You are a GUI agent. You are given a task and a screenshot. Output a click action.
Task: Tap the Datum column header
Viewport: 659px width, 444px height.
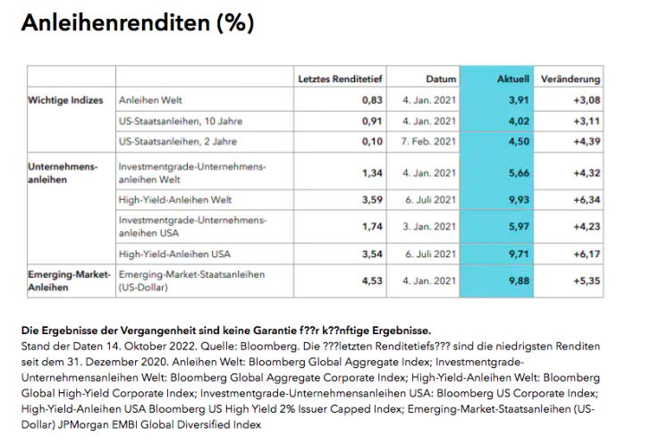click(x=441, y=80)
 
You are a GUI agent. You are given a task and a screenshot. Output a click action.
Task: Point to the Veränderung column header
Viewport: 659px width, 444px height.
click(x=571, y=80)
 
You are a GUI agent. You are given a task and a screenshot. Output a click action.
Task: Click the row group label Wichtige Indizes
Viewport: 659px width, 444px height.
click(x=66, y=100)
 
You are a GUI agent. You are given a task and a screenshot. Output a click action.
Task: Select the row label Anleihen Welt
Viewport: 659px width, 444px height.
click(x=150, y=100)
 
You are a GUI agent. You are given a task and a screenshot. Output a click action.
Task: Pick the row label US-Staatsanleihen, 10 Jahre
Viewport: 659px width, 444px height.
click(x=180, y=121)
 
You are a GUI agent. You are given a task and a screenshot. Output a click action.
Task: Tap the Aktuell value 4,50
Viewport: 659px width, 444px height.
click(x=519, y=141)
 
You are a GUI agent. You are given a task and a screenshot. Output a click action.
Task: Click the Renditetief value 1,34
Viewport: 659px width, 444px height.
click(x=372, y=172)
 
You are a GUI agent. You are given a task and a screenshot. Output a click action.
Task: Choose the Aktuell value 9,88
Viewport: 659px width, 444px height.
click(x=519, y=281)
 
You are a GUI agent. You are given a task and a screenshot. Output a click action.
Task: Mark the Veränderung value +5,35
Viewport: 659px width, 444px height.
click(x=586, y=281)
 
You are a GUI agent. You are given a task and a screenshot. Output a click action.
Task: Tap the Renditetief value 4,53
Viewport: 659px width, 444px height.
click(x=372, y=281)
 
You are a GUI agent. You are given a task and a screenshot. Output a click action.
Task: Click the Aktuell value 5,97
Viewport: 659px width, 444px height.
click(x=519, y=226)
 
